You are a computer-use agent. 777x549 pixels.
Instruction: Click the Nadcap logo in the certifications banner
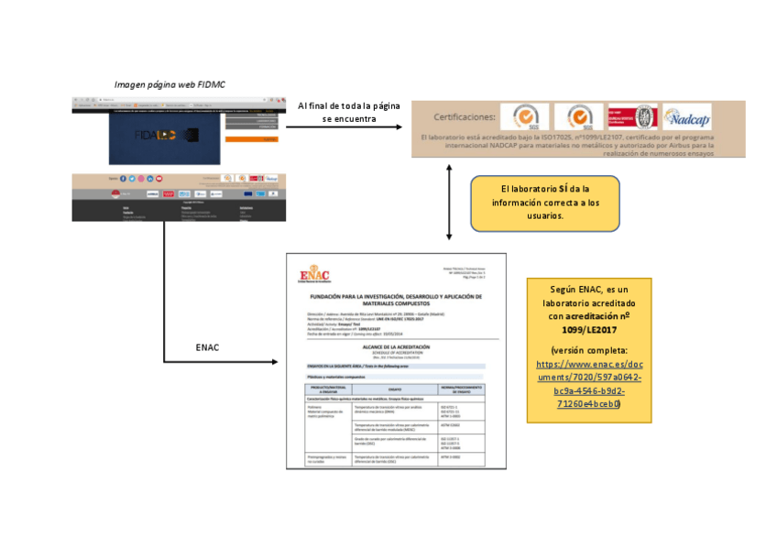687,118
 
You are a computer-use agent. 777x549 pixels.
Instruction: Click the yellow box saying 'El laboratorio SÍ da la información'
544,203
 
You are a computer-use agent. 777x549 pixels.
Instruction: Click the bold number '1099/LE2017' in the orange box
589,328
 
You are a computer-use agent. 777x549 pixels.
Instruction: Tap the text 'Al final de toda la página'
349,105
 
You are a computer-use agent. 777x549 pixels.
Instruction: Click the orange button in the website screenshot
264,139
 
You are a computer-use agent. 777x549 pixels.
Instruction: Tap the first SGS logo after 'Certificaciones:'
525,117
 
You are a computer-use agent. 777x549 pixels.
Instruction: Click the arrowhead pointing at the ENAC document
277,361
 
